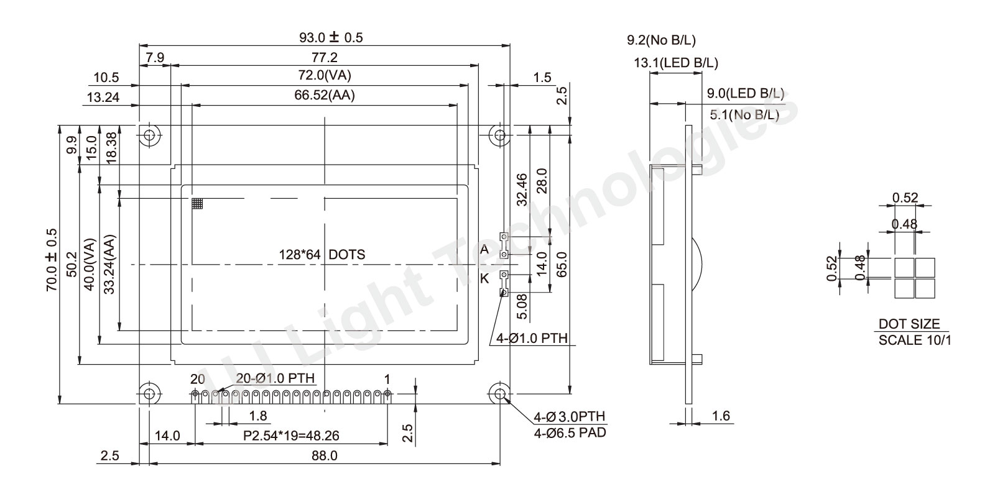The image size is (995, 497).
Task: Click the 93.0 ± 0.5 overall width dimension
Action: coord(331,37)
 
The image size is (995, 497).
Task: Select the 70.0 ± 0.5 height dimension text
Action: coord(52,260)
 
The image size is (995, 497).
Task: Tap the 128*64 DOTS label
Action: coord(322,255)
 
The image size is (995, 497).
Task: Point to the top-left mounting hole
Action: coord(150,134)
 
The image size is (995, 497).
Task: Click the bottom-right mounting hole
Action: coord(500,393)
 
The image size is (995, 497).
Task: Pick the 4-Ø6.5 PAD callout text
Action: coord(570,432)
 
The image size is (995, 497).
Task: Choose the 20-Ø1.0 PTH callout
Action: coord(275,378)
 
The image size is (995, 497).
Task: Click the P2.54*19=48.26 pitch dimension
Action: coord(291,435)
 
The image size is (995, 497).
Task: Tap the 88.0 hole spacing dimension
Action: coord(324,456)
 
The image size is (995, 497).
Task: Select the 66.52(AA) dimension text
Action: coord(325,96)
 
